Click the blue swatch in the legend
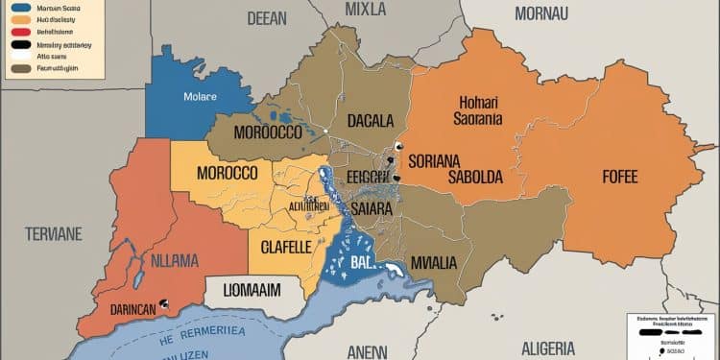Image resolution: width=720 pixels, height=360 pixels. point(18,8)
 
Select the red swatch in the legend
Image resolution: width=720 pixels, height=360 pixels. point(18,32)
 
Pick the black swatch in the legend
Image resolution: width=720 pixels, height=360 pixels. point(18,44)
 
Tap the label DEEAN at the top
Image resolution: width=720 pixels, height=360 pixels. point(267,17)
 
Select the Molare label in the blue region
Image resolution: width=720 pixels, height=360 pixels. point(200,97)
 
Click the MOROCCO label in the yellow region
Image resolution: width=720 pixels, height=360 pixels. point(227,174)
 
